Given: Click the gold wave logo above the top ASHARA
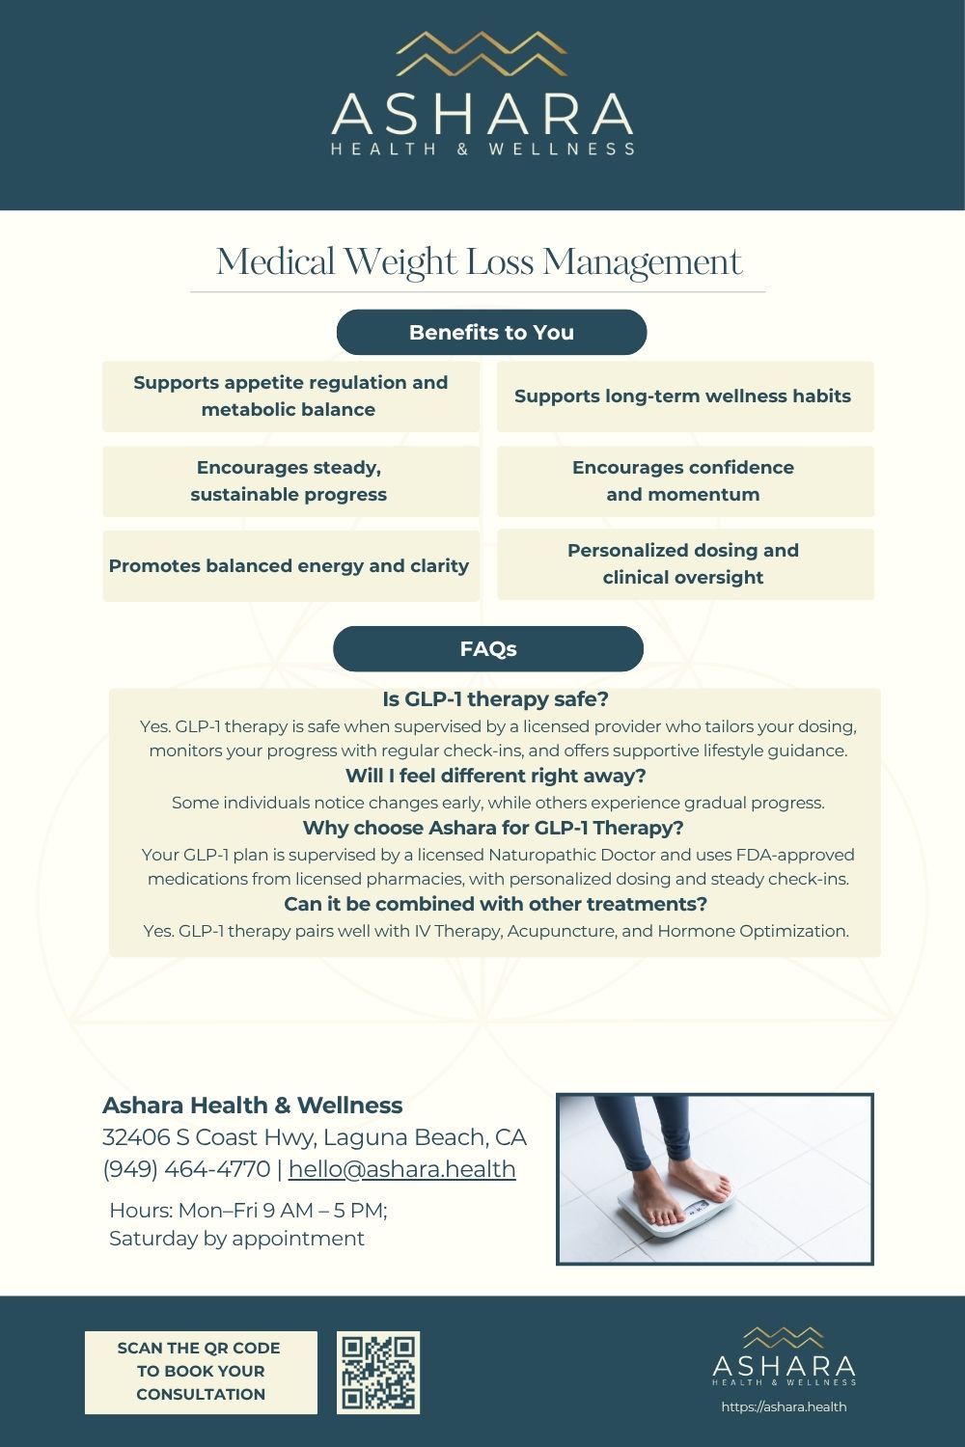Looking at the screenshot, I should [482, 54].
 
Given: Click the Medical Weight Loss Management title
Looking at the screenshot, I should [479, 262].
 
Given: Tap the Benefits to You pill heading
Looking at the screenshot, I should [491, 333].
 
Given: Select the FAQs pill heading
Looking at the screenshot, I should [488, 649].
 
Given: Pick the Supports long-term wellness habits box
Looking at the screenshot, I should [684, 396].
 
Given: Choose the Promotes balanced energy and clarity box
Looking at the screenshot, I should [289, 566].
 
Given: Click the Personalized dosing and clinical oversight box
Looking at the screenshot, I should [684, 564].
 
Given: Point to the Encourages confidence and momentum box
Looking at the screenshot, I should [684, 481].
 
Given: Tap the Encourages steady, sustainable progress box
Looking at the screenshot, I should [289, 481].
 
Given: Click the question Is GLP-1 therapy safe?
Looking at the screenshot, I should [495, 699].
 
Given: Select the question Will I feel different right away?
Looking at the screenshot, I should [495, 776].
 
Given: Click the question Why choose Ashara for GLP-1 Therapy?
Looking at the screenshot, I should [493, 828].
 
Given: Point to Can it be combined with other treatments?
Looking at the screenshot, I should [495, 904].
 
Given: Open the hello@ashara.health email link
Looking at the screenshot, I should [401, 1169].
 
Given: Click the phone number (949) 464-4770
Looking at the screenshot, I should [186, 1169].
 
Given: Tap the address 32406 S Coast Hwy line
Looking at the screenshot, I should [315, 1137].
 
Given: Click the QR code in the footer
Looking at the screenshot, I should [378, 1373].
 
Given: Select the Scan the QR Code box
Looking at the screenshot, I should [200, 1372].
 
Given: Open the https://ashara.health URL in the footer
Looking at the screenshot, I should [784, 1406].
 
